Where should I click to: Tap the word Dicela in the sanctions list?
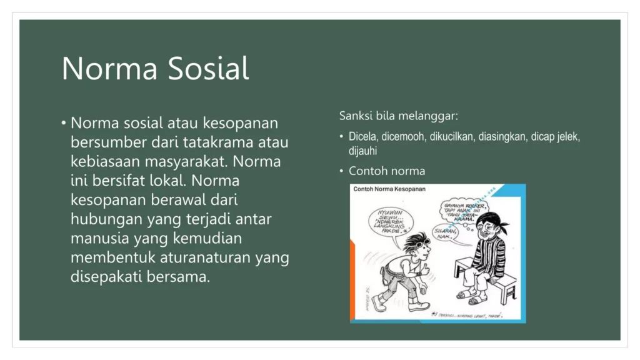(362, 137)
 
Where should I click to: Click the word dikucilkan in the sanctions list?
(452, 137)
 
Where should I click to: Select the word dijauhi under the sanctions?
(363, 151)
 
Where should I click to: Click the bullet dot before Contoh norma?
(341, 171)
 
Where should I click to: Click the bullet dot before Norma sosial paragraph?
(64, 123)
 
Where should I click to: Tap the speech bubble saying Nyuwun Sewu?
(390, 219)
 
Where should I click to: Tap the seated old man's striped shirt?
(488, 256)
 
